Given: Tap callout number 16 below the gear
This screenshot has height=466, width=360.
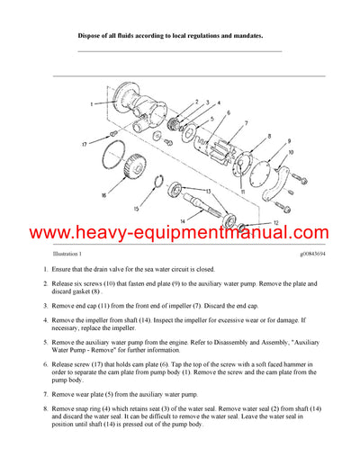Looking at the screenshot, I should click(102, 193).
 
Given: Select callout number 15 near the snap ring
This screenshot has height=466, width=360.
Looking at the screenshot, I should click(137, 210).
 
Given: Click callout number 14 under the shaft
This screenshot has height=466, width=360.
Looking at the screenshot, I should click(184, 220).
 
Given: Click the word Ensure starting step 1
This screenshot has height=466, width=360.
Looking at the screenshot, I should click(66, 271).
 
